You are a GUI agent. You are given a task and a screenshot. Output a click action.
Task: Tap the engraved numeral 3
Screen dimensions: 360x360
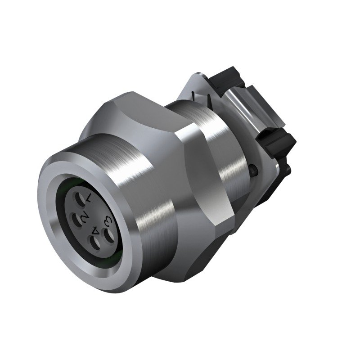[x=108, y=220]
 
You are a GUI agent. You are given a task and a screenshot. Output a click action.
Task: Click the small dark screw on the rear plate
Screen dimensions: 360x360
[x=255, y=170]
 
